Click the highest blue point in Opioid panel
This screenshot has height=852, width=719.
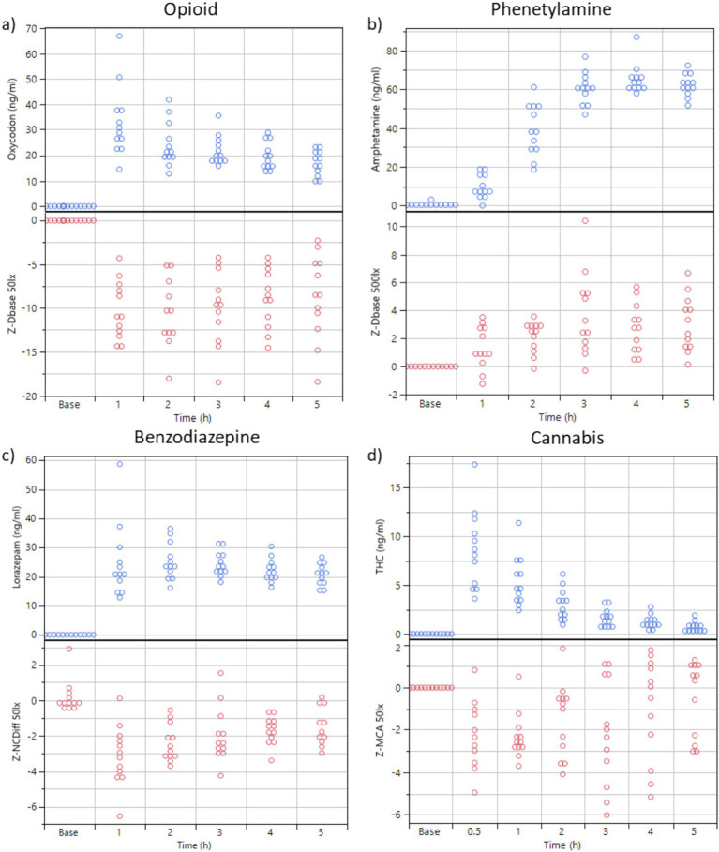click(x=120, y=36)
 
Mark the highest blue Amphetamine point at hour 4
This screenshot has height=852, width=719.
click(x=609, y=37)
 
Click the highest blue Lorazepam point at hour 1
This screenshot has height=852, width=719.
click(x=120, y=464)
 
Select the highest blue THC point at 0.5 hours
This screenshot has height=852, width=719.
click(x=474, y=464)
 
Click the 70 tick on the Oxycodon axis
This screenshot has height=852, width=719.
click(x=30, y=29)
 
